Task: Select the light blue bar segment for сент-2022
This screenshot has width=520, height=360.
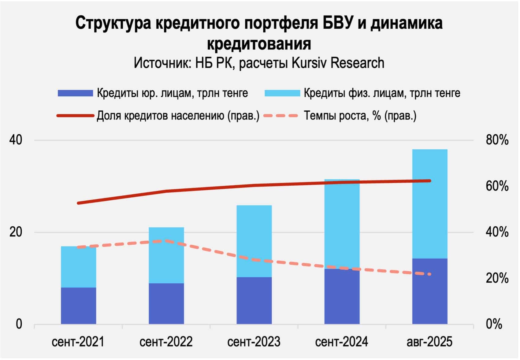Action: pos(166,255)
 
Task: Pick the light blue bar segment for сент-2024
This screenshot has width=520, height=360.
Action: pos(342,224)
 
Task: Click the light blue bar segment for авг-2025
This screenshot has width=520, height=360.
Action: pos(429,204)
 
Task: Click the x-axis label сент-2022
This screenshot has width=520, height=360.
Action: pos(166,342)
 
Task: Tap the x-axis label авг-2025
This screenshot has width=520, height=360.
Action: pos(429,342)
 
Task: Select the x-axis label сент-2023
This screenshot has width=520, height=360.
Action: pos(254,342)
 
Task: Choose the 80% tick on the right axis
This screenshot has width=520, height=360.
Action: pos(497,140)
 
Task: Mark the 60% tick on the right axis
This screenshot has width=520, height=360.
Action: pos(497,186)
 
